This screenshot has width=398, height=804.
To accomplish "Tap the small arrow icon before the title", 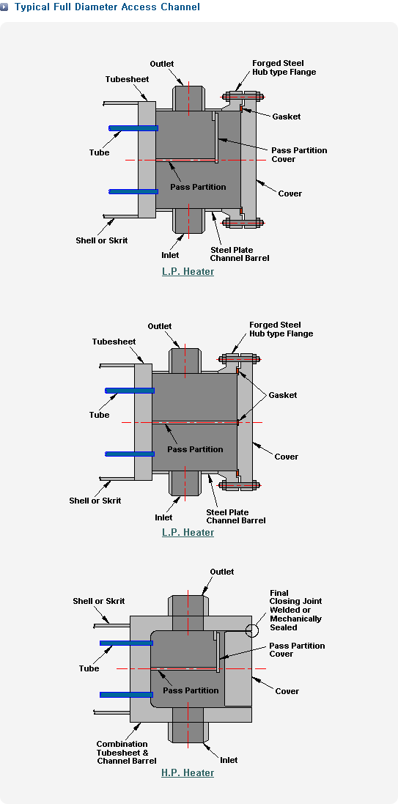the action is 4,7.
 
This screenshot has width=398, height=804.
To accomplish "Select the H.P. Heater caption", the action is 188,772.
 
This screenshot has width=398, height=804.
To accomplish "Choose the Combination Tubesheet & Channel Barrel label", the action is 127,752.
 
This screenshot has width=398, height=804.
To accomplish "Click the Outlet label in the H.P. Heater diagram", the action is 221,572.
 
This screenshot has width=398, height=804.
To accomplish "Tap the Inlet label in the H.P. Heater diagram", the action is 229,760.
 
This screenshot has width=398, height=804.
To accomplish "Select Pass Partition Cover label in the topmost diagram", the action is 299,155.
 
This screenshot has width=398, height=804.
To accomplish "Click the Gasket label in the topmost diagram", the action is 286,117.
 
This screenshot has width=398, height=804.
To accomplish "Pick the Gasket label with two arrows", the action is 283,395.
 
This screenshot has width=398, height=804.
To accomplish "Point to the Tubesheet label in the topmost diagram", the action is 128,79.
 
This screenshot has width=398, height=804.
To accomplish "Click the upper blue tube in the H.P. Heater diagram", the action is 126,643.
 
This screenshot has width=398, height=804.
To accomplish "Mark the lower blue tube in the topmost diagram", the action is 133,192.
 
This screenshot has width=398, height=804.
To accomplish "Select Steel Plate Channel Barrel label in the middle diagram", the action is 236,517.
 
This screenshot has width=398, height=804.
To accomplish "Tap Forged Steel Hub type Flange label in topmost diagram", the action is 284,67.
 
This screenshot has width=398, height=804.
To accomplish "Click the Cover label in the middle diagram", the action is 286,457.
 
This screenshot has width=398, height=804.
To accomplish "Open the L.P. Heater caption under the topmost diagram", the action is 188,271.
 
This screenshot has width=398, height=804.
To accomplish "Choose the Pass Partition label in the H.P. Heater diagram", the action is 191,690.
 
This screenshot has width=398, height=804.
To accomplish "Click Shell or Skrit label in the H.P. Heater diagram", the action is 98,601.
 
